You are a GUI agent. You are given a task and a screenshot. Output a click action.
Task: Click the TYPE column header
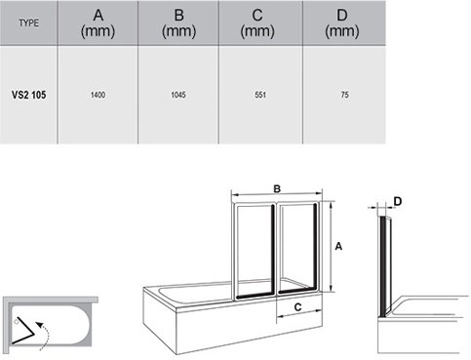point(28,23)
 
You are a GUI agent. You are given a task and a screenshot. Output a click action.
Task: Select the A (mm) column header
point(98,23)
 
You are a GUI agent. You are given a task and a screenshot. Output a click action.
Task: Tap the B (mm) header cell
point(178,23)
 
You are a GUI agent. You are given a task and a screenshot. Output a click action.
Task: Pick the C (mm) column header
point(257,23)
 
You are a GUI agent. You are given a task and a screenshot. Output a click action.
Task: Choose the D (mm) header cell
point(342,23)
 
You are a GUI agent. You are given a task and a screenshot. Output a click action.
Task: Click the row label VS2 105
point(28,95)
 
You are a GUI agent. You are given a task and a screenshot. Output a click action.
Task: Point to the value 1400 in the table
point(98,95)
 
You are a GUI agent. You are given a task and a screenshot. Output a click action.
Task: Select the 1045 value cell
point(178,95)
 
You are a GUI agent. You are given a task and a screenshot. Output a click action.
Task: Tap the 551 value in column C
point(260,95)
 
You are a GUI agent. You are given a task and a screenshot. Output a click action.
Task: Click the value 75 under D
point(345,95)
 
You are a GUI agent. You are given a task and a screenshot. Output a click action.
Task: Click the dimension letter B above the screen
point(277,189)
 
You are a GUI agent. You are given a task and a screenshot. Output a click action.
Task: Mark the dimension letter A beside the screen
point(338,247)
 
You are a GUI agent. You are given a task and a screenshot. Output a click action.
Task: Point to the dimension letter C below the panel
point(297,307)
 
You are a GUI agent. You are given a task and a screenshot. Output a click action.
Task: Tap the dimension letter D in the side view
point(398,202)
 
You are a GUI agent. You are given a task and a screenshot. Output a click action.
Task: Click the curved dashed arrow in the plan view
point(46,335)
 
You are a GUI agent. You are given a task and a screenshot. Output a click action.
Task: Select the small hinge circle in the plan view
point(16,322)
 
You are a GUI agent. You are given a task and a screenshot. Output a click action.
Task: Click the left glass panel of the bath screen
point(255,251)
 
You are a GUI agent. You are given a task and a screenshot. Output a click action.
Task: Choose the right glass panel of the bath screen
point(297,249)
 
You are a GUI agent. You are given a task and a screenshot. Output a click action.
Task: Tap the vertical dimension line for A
point(331,247)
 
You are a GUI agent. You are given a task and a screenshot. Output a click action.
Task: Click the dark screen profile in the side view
point(383,266)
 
